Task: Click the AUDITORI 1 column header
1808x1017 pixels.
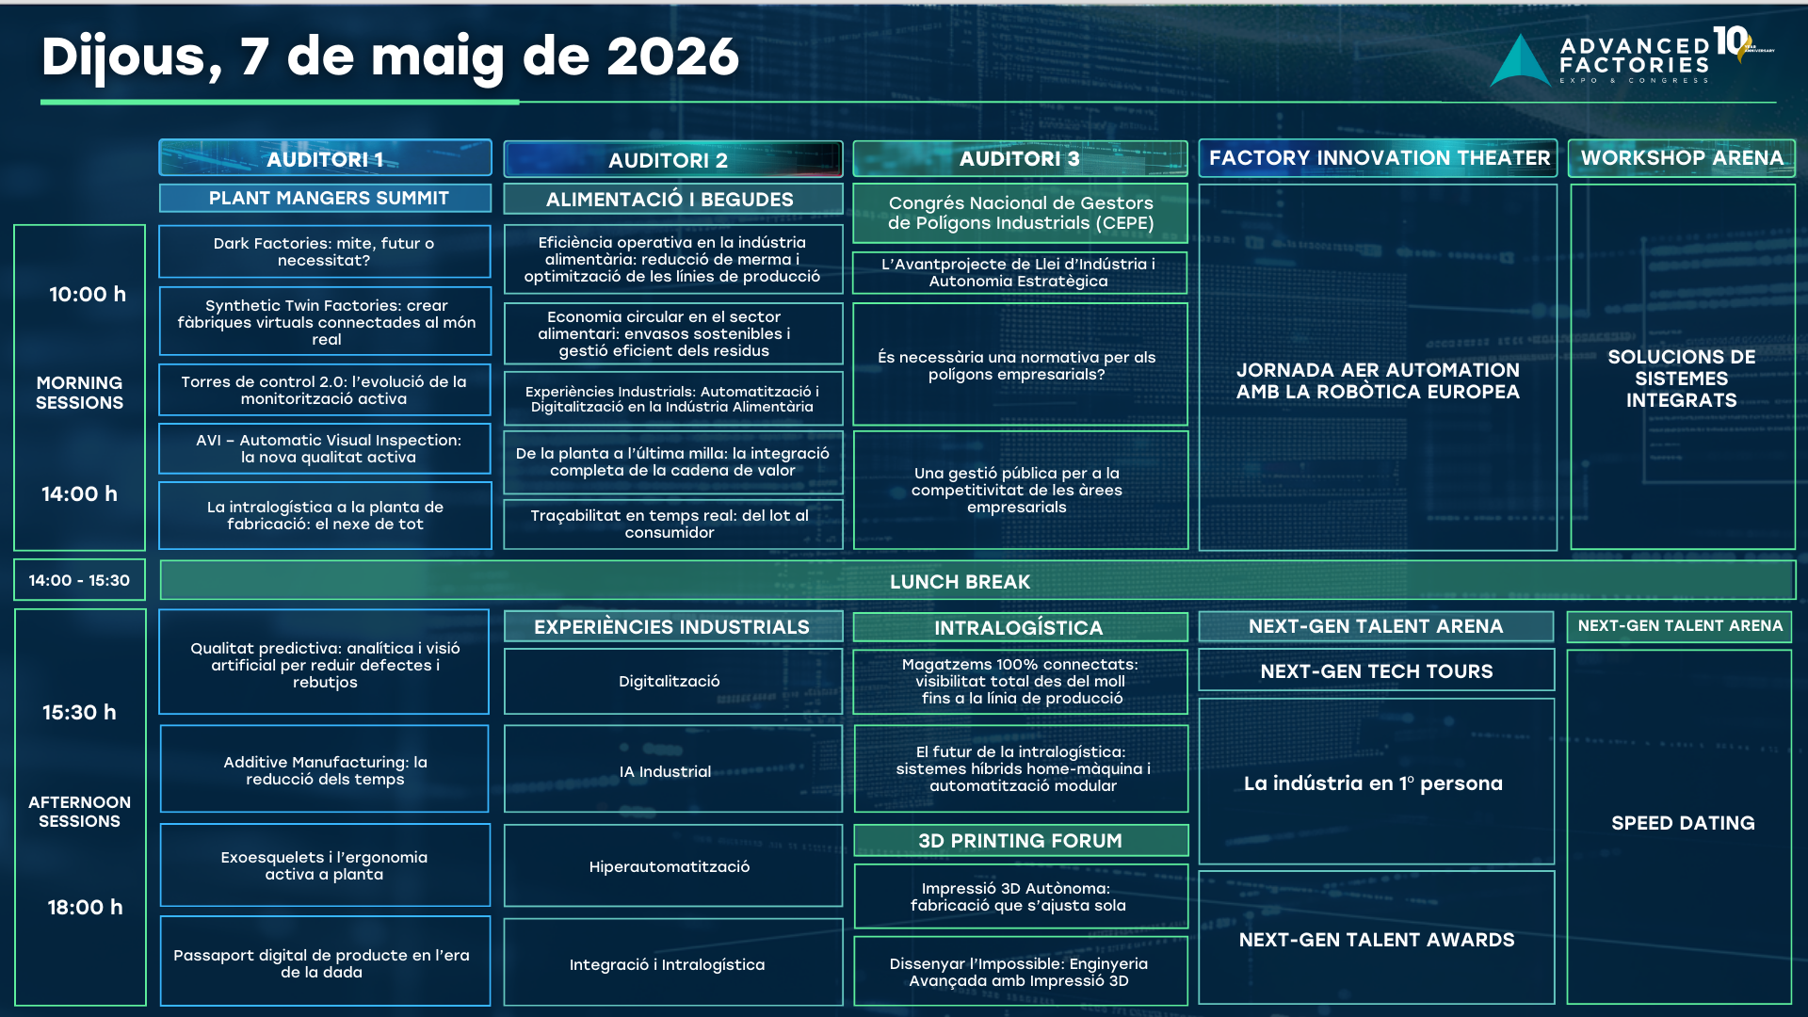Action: pyautogui.click(x=325, y=158)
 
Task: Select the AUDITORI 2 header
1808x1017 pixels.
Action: pyautogui.click(x=672, y=159)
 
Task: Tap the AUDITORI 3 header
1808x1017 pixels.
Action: pyautogui.click(x=1020, y=158)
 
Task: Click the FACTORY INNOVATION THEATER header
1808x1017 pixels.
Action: pyautogui.click(x=1378, y=157)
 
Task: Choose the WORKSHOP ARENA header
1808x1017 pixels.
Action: pyautogui.click(x=1682, y=157)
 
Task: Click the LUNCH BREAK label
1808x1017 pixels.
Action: pyautogui.click(x=960, y=582)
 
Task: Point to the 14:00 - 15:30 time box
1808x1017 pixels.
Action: pyautogui.click(x=79, y=580)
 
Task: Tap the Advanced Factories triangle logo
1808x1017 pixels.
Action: pyautogui.click(x=1520, y=61)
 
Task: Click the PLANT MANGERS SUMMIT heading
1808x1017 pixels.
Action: pyautogui.click(x=325, y=198)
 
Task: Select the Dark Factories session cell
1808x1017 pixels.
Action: pyautogui.click(x=325, y=251)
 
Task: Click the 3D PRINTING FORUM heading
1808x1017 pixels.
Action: pyautogui.click(x=1020, y=840)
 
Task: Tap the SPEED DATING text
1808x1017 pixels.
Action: pyautogui.click(x=1683, y=823)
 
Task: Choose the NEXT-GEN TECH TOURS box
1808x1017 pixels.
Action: pyautogui.click(x=1376, y=670)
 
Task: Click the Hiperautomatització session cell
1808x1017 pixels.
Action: pyautogui.click(x=672, y=866)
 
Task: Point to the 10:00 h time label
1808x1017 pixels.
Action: pyautogui.click(x=88, y=294)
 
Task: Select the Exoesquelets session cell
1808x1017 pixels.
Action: pyautogui.click(x=325, y=865)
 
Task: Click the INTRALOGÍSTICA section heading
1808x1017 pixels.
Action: pyautogui.click(x=1020, y=627)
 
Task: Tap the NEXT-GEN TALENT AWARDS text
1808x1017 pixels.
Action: pyautogui.click(x=1377, y=940)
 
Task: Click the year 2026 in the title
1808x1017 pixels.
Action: pyautogui.click(x=672, y=56)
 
